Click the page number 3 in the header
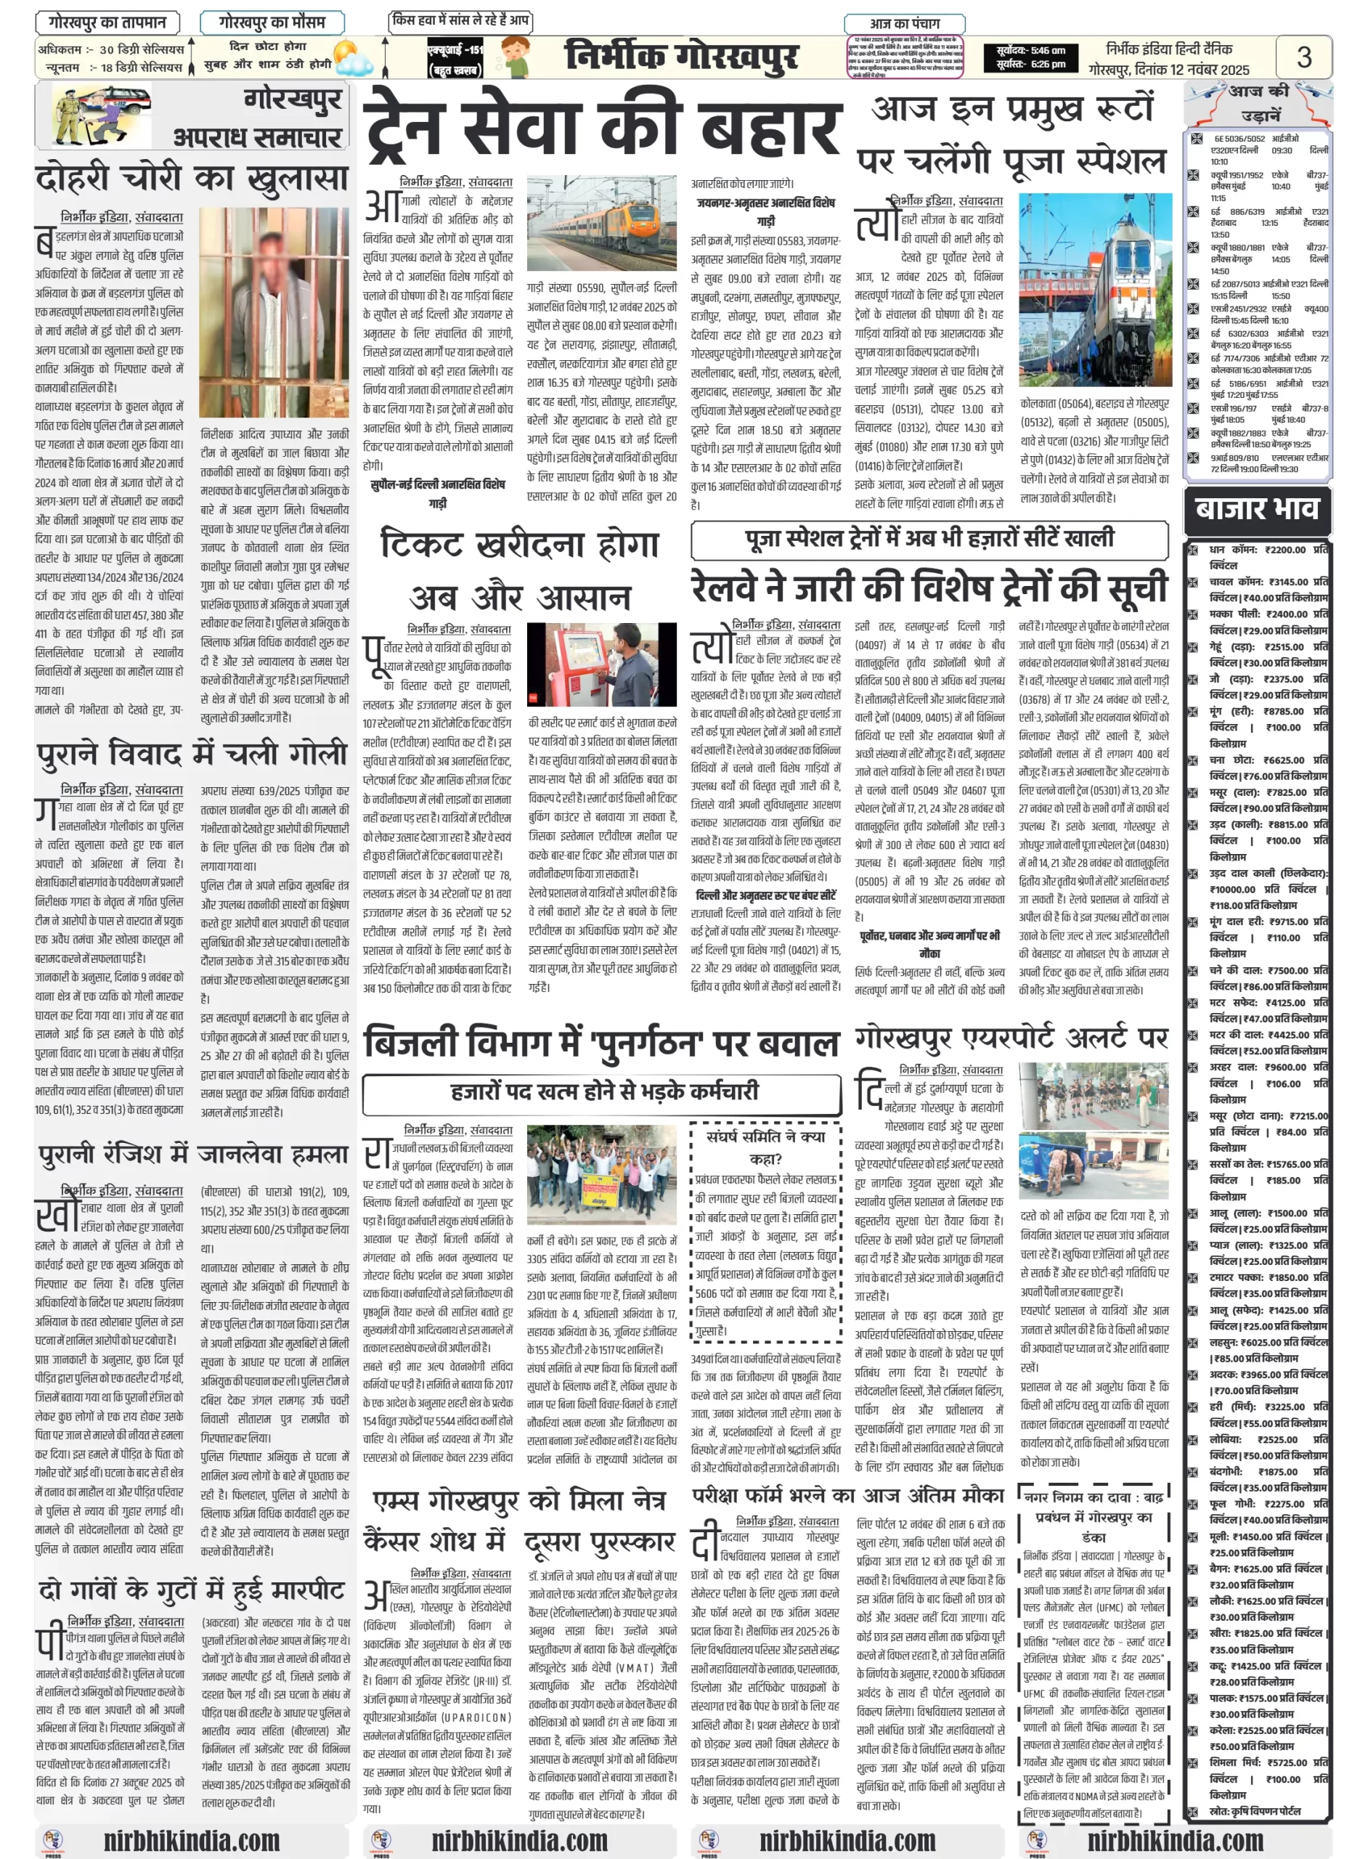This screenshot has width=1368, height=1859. tap(1303, 57)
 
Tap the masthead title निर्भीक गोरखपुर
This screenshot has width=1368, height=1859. tap(682, 57)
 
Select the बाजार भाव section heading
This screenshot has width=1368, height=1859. tap(1257, 509)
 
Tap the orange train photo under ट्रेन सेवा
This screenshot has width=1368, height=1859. tap(601, 223)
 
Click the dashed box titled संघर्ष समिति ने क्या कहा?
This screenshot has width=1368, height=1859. tap(765, 1234)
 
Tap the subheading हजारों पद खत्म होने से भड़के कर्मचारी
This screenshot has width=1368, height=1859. tap(603, 1091)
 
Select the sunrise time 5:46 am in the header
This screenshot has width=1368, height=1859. tap(1031, 51)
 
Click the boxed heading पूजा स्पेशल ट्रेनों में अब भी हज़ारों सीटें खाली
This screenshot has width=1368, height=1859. tap(929, 539)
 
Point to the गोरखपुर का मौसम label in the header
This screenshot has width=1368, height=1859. tap(272, 23)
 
